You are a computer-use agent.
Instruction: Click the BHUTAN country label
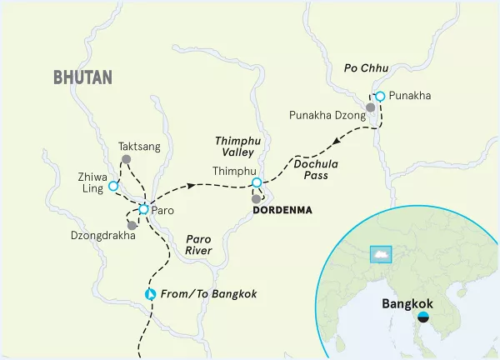(82, 77)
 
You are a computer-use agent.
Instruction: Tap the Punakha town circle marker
(379, 97)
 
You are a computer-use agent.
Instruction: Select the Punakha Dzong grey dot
(371, 107)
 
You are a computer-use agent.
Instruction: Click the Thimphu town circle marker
(257, 182)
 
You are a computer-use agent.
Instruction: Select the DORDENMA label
(282, 210)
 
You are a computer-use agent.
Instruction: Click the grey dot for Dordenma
(257, 199)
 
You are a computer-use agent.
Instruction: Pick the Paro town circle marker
(143, 210)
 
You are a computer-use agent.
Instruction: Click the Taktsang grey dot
(126, 159)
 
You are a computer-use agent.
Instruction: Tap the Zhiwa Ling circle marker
(113, 186)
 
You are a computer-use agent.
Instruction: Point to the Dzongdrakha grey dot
(132, 226)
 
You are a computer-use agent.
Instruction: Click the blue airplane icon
(150, 294)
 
